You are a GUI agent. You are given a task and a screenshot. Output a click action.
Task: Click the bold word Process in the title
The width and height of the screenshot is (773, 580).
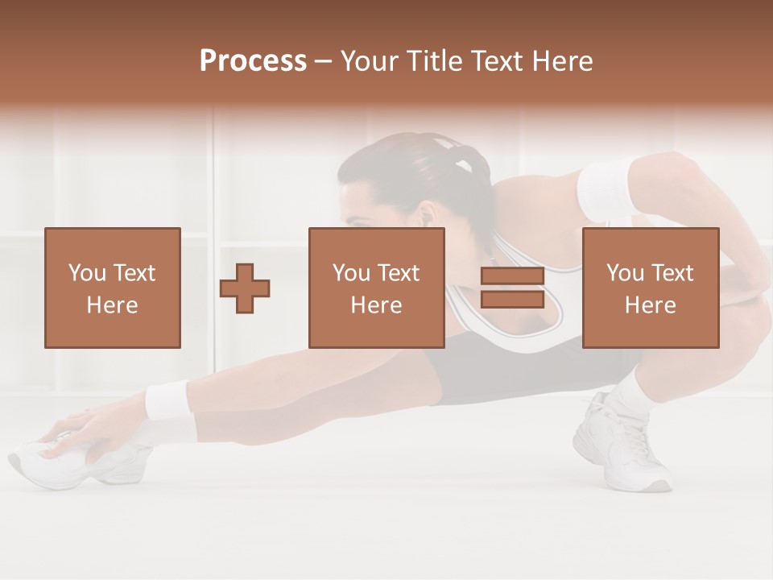(x=253, y=61)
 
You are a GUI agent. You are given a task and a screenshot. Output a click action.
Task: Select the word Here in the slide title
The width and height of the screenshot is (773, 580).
(x=562, y=61)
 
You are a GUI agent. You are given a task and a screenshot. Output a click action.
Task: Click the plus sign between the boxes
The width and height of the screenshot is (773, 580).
(x=245, y=288)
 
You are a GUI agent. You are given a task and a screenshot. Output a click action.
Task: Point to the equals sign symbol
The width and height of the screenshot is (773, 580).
(x=512, y=288)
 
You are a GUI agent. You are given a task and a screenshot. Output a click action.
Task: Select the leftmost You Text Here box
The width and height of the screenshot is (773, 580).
(x=113, y=288)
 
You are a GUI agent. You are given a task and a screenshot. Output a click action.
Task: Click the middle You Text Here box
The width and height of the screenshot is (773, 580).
(x=377, y=288)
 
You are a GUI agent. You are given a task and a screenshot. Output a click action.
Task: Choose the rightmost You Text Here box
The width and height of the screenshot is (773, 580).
(x=651, y=288)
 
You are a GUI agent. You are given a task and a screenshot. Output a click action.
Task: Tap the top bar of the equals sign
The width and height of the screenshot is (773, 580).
(x=512, y=276)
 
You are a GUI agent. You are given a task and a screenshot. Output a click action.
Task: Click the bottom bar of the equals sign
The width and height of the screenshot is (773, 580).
(x=512, y=299)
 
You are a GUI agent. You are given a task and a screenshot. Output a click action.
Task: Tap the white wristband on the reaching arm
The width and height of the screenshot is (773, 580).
(x=167, y=401)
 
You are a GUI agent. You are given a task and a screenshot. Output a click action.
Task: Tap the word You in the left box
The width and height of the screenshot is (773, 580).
(x=87, y=273)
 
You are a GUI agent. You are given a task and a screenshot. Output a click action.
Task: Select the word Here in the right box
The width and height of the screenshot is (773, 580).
(x=651, y=304)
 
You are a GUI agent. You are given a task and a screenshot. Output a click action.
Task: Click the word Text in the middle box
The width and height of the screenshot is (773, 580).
(x=399, y=273)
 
